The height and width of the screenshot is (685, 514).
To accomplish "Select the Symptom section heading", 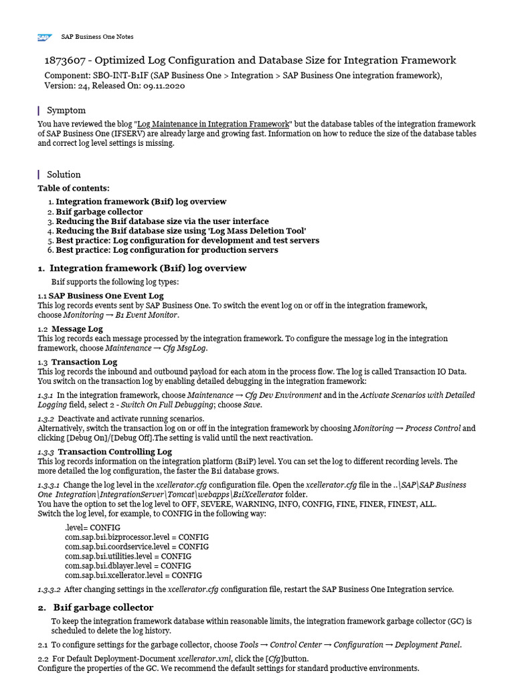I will click(x=66, y=110).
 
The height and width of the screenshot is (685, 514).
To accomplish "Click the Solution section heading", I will click(x=64, y=174).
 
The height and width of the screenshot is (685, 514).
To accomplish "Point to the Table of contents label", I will click(x=74, y=188).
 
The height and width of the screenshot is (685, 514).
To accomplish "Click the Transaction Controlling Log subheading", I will click(x=114, y=452).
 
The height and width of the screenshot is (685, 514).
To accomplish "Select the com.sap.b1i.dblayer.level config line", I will click(x=128, y=565).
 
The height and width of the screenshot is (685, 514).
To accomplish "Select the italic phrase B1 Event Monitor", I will click(x=147, y=314).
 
